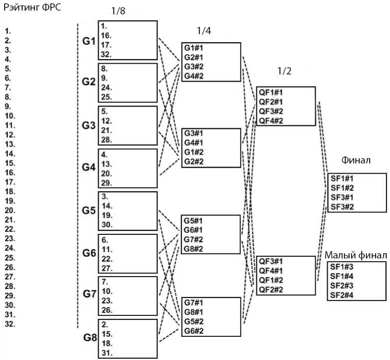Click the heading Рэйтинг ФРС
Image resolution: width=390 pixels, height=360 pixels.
32,8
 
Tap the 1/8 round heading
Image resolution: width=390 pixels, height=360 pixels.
117,11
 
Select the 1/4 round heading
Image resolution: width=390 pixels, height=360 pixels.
204,30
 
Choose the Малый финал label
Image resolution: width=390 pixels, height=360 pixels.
356,255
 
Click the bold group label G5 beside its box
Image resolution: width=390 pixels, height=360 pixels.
89,210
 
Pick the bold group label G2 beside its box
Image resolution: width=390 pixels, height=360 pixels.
89,82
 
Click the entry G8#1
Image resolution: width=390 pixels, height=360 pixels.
194,312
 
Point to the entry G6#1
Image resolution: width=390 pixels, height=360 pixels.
194,230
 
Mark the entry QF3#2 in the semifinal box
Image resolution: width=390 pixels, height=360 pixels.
271,111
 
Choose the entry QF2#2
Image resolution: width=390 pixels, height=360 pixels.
271,290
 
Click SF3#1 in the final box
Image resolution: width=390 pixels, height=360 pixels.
342,197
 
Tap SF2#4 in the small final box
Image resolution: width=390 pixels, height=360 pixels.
342,295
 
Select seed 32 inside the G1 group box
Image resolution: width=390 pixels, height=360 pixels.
106,54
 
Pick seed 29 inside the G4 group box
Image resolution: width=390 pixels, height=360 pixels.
106,182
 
